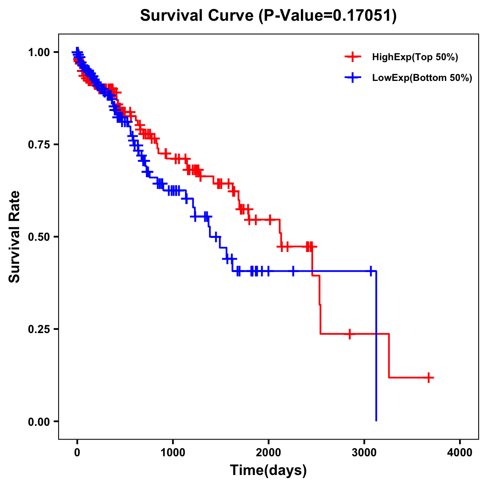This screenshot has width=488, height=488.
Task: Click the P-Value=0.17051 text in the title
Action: point(328,16)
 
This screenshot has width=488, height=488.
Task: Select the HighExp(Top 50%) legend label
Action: point(415,57)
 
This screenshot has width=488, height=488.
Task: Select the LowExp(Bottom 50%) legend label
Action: point(422,78)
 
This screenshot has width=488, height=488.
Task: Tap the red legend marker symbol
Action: point(353,57)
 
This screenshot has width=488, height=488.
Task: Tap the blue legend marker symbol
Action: point(353,78)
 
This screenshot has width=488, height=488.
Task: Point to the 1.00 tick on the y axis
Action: point(39,52)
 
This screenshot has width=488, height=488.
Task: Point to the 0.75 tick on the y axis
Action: point(39,144)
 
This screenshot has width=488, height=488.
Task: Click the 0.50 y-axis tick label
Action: point(39,237)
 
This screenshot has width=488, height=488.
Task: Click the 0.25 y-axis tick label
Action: point(39,329)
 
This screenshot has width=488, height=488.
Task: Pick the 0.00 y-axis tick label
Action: point(39,421)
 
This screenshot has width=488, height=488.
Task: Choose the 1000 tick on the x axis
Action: point(173,453)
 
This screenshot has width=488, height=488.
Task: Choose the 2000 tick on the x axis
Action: point(268,453)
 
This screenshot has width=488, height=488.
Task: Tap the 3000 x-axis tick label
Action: point(364,453)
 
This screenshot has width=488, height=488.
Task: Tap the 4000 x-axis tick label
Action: point(460,453)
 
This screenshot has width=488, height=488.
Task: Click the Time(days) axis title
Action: point(268,471)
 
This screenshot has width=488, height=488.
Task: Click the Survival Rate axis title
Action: point(15,237)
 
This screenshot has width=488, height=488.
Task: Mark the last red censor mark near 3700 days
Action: point(429,377)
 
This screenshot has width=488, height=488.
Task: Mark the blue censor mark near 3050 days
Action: point(370,271)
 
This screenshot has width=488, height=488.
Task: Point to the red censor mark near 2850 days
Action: point(349,334)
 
